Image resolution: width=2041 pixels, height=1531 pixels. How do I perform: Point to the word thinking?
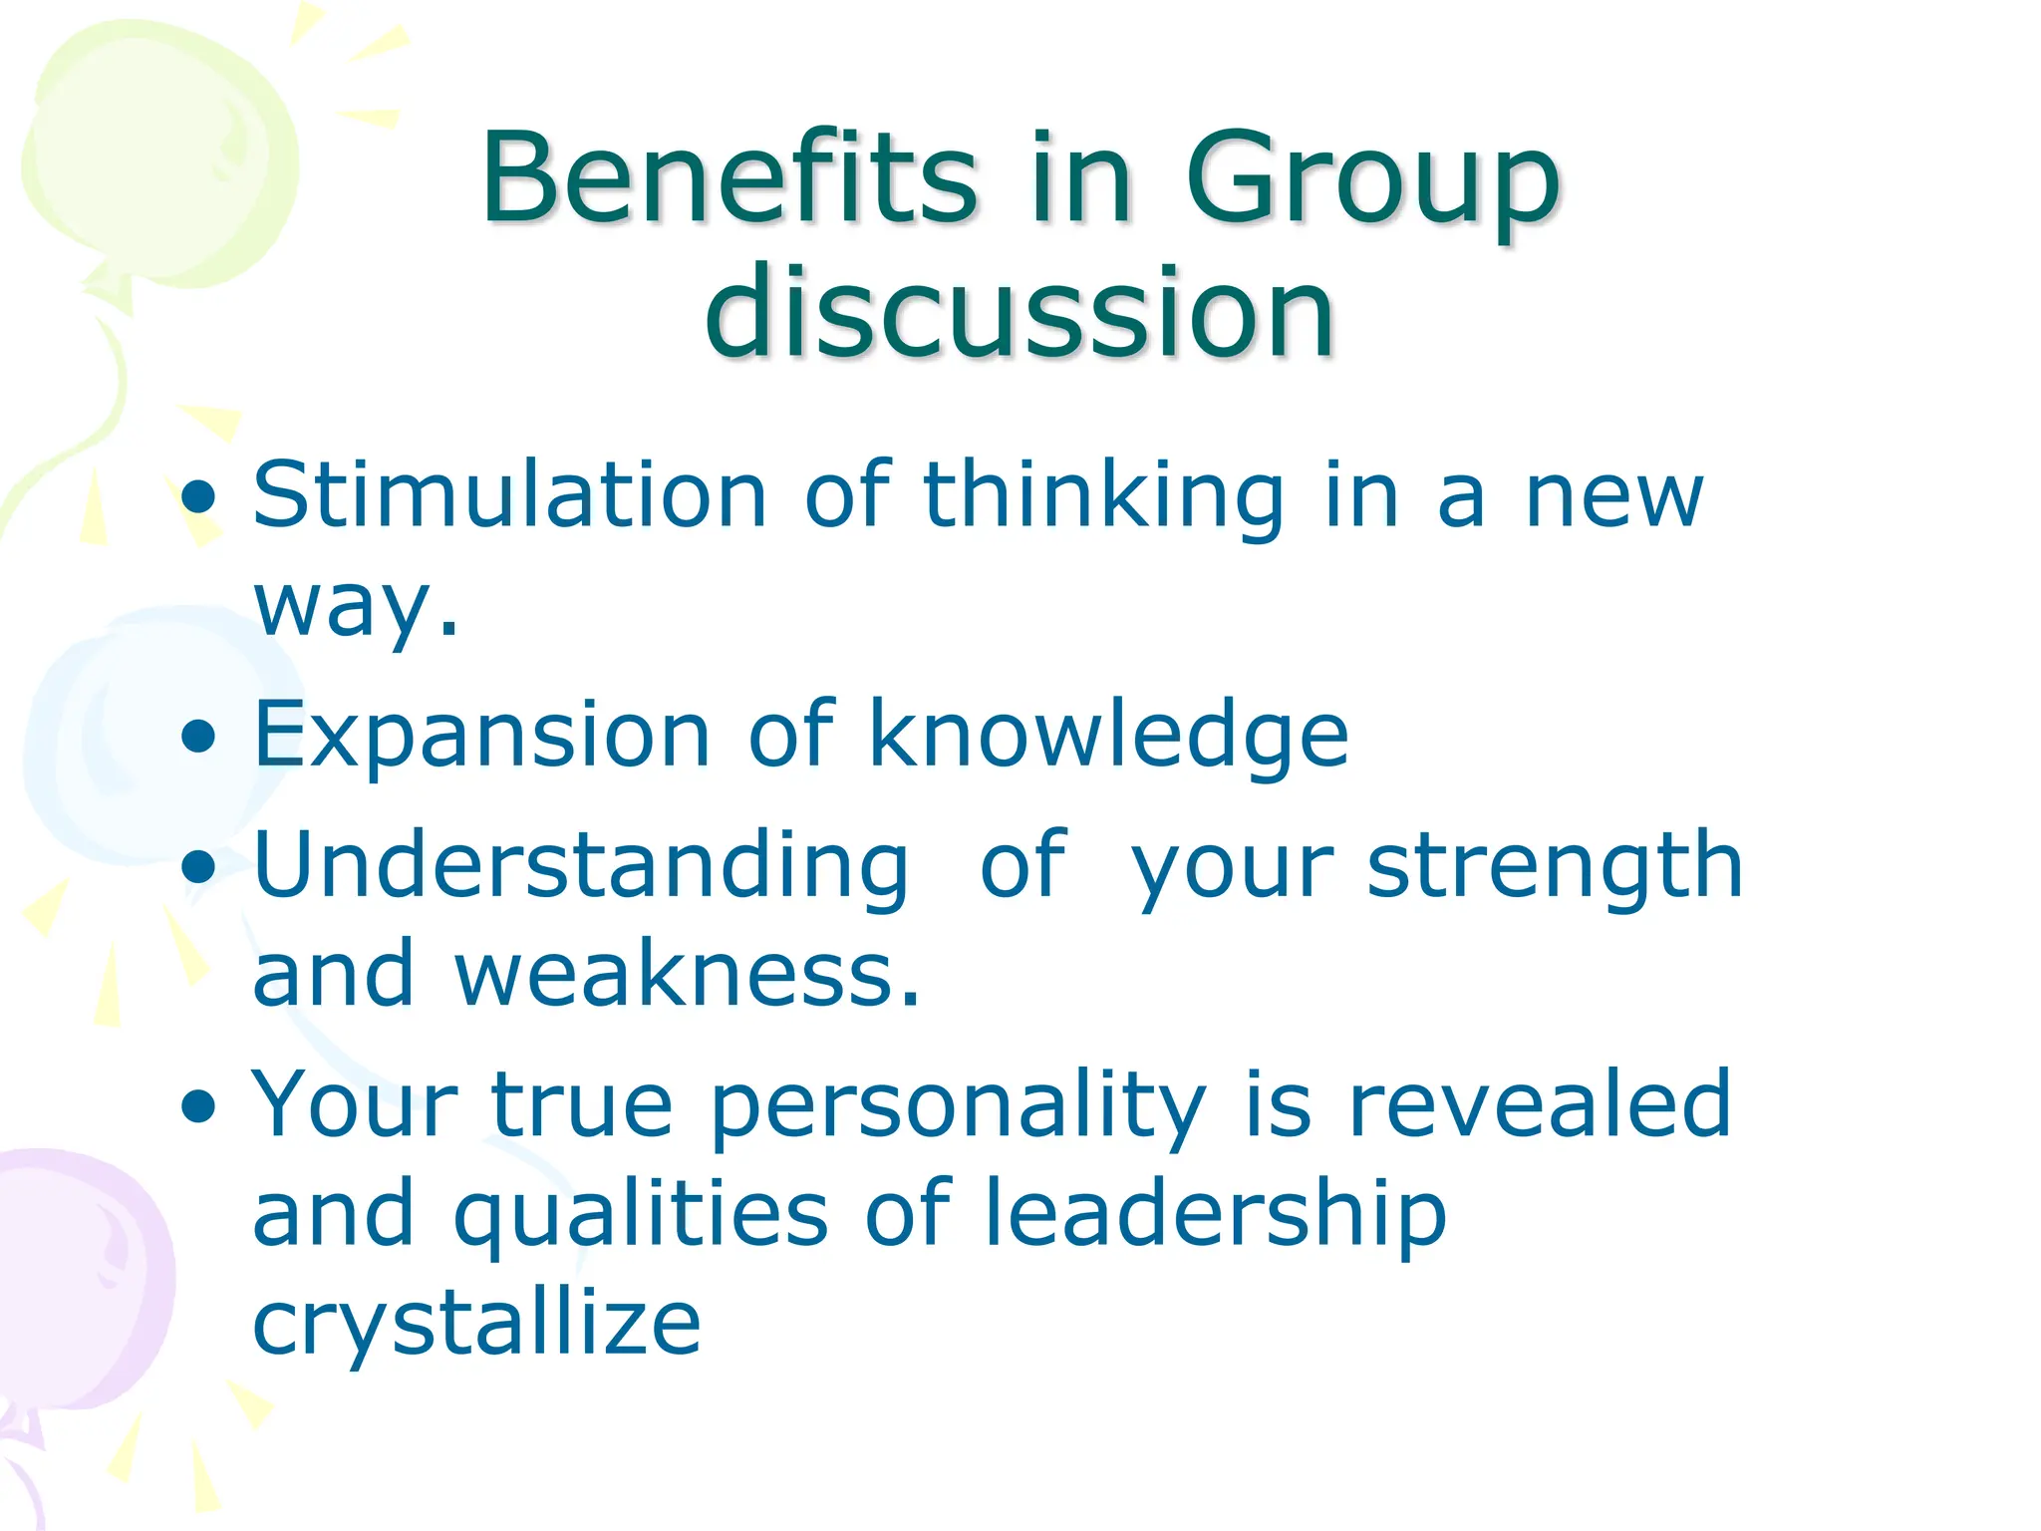pyautogui.click(x=1103, y=497)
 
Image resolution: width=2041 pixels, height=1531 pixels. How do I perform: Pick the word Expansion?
pyautogui.click(x=481, y=735)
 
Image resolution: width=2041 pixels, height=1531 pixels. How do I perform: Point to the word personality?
pyautogui.click(x=958, y=1106)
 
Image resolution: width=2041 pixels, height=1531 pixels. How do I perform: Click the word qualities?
pyautogui.click(x=640, y=1216)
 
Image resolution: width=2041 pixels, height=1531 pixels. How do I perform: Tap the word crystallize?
pyautogui.click(x=476, y=1326)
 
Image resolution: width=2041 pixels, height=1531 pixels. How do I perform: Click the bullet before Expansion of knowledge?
pyautogui.click(x=199, y=738)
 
